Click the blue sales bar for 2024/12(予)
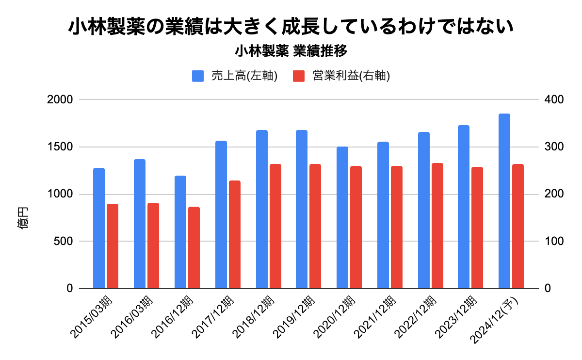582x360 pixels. click(x=504, y=201)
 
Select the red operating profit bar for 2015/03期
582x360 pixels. click(x=113, y=246)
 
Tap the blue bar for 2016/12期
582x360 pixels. click(x=180, y=232)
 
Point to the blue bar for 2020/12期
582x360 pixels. click(x=342, y=218)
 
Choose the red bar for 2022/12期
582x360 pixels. click(x=437, y=226)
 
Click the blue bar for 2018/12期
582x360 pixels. click(x=262, y=210)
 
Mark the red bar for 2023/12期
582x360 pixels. click(x=477, y=228)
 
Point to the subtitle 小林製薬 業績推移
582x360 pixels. click(x=291, y=50)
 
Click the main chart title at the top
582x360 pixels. click(x=291, y=27)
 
